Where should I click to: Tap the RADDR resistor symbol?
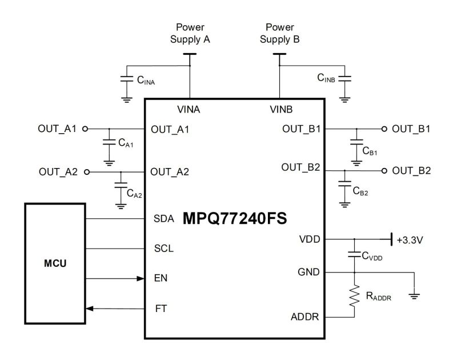point(355,299)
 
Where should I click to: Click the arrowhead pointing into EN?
point(139,279)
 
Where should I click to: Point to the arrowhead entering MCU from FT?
point(89,309)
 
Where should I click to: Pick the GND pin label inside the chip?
point(309,273)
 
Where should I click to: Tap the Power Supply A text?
point(190,33)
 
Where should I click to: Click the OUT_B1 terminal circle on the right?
point(384,129)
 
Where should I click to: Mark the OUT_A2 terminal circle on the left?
point(86,171)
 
